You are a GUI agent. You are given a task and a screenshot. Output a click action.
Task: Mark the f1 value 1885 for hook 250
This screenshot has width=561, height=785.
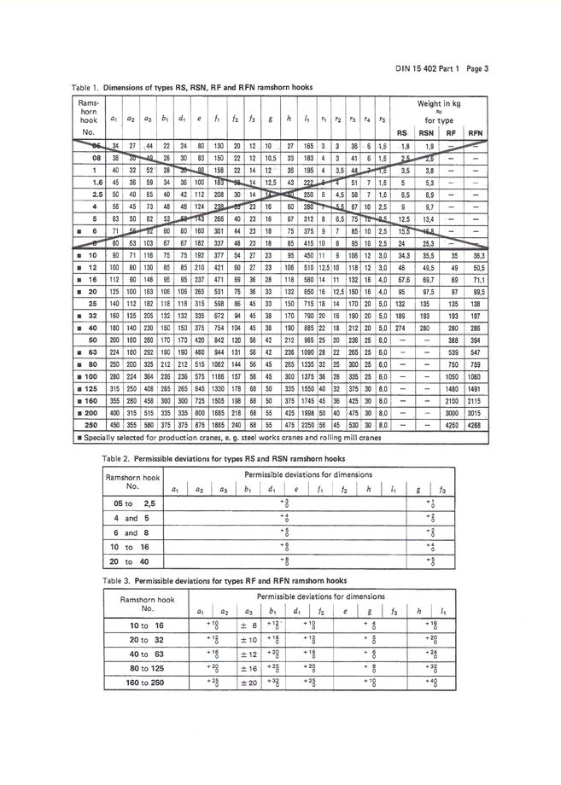click(218, 424)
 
